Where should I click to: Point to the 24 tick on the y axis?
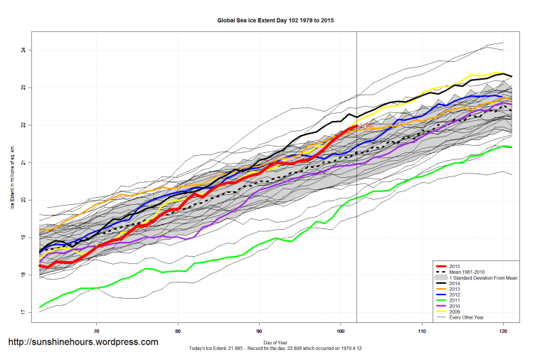tap(23, 50)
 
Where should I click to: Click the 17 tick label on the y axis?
tap(23, 312)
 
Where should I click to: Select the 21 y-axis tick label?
tap(23, 162)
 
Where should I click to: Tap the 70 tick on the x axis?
tap(96, 331)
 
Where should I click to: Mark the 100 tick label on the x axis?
tap(340, 331)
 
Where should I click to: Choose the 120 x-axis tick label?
tap(503, 331)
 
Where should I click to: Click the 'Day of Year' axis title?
tap(275, 342)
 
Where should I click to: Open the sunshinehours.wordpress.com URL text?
tap(83, 342)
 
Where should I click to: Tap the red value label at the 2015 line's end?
tap(367, 127)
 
